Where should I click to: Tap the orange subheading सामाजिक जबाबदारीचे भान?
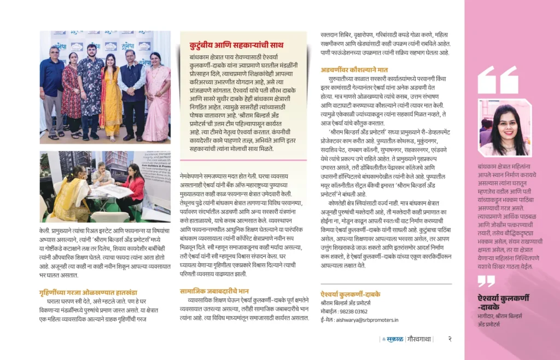coord(214,291)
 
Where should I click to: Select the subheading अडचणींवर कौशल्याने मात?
coord(354,69)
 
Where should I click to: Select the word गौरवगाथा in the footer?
coord(418,339)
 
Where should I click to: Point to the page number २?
coord(450,339)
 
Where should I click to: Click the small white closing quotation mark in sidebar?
coord(486,281)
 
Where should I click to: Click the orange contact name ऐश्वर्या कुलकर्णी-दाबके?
coord(350,294)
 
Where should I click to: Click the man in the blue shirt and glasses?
coord(52,88)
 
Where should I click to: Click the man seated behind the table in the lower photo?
coord(102,175)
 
